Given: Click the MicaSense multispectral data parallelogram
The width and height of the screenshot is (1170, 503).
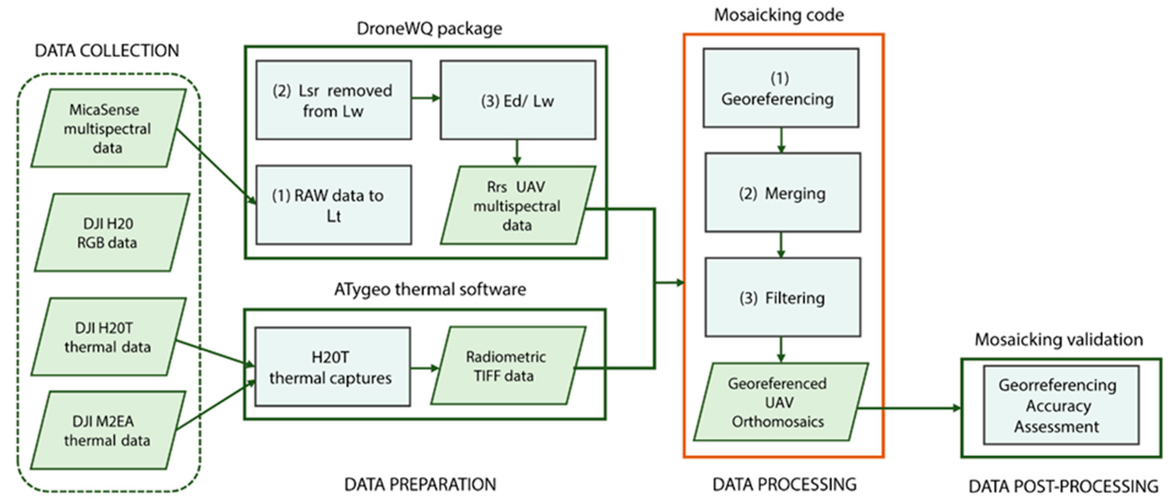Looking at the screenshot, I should (x=108, y=129).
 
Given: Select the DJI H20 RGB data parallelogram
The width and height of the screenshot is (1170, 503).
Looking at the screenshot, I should (x=111, y=233).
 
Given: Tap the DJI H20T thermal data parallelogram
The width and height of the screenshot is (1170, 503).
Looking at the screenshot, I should (x=108, y=337).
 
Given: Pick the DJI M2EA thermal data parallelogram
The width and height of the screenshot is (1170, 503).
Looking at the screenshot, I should (x=108, y=431).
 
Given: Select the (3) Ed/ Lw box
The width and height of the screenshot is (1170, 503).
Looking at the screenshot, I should (x=518, y=100).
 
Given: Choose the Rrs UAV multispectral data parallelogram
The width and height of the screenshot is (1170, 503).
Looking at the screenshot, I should (x=518, y=205).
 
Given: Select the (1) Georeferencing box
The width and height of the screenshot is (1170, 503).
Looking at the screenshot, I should (x=780, y=88).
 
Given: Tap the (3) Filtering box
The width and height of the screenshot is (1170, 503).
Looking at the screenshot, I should (x=782, y=298).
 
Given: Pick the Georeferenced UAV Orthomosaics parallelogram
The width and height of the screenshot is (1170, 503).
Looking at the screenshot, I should (x=780, y=402).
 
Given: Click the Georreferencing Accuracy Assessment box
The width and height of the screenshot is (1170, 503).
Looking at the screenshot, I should (x=1061, y=406).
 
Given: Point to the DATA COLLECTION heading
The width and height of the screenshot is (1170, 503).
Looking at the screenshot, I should (x=107, y=51).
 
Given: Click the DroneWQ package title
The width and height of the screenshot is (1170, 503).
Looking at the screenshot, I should (x=429, y=29).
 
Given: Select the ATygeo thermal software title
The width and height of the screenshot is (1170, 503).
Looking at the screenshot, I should (x=430, y=289).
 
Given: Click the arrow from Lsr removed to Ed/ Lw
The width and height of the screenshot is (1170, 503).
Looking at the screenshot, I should (x=426, y=98).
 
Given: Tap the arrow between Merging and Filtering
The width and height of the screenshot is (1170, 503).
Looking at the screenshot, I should (x=781, y=245).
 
